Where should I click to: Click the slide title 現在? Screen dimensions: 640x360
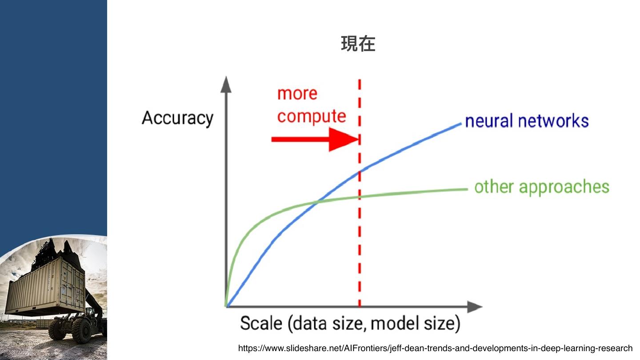tap(358, 44)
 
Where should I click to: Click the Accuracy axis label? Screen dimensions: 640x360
tap(177, 118)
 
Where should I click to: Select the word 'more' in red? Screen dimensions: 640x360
tap(297, 94)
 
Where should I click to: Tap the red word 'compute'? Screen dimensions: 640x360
tap(311, 116)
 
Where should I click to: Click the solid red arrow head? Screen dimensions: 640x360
tap(344, 139)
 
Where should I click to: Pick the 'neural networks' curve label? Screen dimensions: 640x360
tap(527, 121)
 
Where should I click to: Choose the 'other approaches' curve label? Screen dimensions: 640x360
tap(541, 187)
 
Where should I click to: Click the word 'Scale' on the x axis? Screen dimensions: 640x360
tap(261, 324)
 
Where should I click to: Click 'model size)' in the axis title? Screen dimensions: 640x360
tap(415, 324)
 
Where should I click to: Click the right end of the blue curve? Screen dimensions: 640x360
tap(460, 124)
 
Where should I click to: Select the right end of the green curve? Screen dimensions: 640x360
tap(467, 189)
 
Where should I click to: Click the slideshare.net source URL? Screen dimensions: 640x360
tap(435, 348)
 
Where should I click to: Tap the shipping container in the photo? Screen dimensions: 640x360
tap(44, 284)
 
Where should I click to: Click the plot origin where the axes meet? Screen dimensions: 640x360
tap(227, 307)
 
